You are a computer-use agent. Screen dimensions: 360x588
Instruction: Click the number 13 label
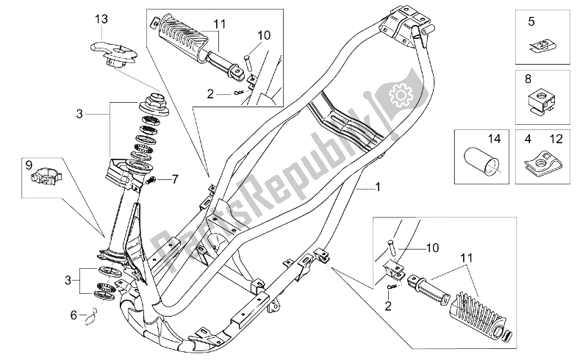tap(101, 18)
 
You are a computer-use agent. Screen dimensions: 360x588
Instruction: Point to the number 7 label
tap(175, 179)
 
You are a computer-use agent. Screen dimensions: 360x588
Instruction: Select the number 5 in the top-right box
tap(531, 23)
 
